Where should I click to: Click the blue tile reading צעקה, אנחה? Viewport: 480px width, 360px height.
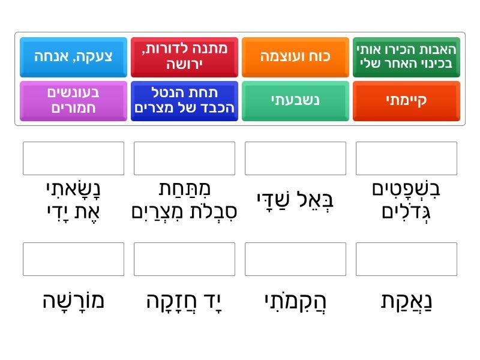[x=73, y=57]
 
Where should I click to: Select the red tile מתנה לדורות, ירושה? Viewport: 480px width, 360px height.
[x=184, y=57]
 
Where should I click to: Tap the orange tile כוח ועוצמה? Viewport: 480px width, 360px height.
[x=295, y=57]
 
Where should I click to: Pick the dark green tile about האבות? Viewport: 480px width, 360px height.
[x=407, y=57]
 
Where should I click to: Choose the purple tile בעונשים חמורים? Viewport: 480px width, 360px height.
[x=73, y=101]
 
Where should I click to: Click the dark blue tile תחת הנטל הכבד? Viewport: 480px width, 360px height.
[x=184, y=101]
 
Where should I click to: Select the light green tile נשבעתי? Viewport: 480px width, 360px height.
[x=295, y=101]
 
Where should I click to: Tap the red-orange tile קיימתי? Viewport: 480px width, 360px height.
[x=407, y=101]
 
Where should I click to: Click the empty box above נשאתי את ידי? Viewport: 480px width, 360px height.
[x=73, y=158]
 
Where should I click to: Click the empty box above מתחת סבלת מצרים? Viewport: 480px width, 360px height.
[x=184, y=158]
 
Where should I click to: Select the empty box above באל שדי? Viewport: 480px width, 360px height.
[x=295, y=158]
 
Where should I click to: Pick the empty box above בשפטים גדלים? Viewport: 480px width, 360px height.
[x=407, y=158]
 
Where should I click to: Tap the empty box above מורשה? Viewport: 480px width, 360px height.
[x=73, y=259]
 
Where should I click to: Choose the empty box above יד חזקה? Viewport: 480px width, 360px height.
[x=184, y=259]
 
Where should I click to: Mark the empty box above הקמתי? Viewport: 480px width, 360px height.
[x=295, y=259]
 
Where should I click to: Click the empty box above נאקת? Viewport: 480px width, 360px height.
[x=407, y=259]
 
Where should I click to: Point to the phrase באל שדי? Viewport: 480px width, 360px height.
[x=295, y=201]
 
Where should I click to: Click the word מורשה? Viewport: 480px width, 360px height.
[x=73, y=301]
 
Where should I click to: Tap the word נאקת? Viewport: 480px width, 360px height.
[x=407, y=302]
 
